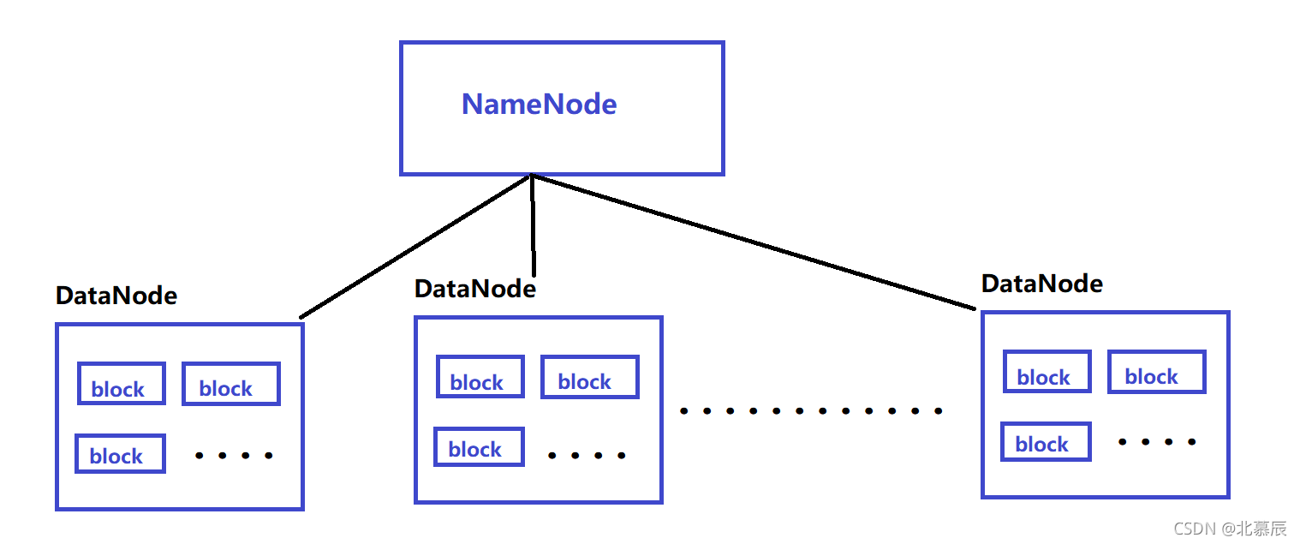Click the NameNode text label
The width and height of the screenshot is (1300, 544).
540,105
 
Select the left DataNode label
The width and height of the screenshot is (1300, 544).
116,296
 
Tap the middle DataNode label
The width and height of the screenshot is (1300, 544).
474,289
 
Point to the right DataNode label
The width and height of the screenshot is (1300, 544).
1041,284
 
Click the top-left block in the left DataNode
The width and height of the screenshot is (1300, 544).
122,383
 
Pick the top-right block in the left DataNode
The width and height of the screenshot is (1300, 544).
231,383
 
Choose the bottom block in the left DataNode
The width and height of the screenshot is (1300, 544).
120,453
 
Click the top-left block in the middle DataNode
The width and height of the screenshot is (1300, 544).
480,376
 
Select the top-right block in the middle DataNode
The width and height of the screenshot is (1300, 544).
590,376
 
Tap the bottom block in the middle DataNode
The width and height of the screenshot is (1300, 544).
479,446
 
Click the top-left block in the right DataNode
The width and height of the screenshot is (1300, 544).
1047,371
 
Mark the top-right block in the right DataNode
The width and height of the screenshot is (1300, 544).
1157,372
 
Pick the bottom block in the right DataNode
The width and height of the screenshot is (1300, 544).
1046,441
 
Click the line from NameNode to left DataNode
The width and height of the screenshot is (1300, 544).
415,246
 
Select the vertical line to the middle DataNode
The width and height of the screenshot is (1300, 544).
533,225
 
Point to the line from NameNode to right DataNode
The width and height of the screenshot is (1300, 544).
754,242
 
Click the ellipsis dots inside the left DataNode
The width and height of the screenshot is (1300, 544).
234,456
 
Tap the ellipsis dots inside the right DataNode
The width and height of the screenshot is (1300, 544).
1157,442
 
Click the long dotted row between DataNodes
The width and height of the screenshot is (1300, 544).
811,411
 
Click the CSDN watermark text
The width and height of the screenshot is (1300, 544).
1230,529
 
